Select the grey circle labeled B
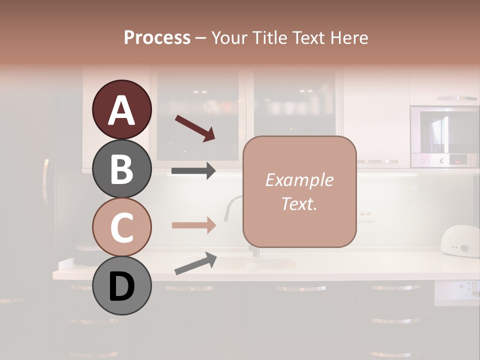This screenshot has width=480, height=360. [x=121, y=168]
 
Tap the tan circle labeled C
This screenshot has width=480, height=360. [x=121, y=227]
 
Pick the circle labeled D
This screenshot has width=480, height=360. [x=121, y=286]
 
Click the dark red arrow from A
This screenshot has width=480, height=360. [x=195, y=128]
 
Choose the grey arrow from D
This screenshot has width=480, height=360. [x=195, y=263]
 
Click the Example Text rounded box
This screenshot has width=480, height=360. [x=299, y=191]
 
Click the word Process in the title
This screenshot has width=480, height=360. [x=157, y=37]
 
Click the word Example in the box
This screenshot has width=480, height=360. [x=299, y=180]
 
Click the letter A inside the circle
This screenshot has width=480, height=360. [x=121, y=110]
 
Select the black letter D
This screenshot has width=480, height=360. [x=121, y=287]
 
